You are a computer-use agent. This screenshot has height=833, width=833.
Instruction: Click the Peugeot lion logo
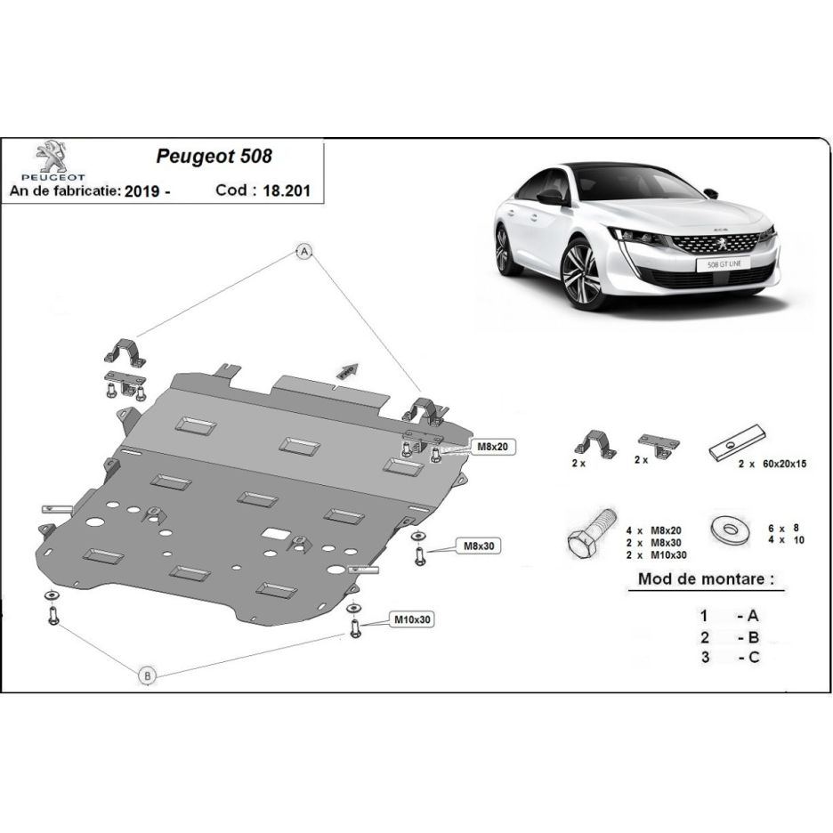coord(53,157)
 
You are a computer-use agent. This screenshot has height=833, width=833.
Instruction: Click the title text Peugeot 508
coord(214,157)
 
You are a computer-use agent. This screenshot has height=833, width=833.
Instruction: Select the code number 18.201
coord(287,190)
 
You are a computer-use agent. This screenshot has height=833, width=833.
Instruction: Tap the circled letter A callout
coord(303,251)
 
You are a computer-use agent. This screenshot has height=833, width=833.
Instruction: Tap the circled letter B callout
coord(148,675)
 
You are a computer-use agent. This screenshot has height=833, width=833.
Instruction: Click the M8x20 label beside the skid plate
coord(492,447)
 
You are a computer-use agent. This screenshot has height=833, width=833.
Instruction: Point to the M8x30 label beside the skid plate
coord(479,546)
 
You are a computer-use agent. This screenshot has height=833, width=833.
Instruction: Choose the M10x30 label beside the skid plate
coord(412,619)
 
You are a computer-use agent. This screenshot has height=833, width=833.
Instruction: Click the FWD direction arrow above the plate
coord(349,370)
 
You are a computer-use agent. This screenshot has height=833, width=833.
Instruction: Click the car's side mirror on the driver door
coord(550,197)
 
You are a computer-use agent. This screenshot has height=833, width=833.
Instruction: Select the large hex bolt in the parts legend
coord(591,533)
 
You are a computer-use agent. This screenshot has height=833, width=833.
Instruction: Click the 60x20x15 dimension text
coord(785,464)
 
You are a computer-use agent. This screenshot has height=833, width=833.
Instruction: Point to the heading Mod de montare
coord(706,578)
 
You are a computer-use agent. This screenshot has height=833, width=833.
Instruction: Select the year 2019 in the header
coord(142,190)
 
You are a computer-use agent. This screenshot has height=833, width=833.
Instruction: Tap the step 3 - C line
coord(730,657)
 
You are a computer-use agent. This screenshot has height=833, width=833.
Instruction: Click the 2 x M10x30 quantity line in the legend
coord(656,555)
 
